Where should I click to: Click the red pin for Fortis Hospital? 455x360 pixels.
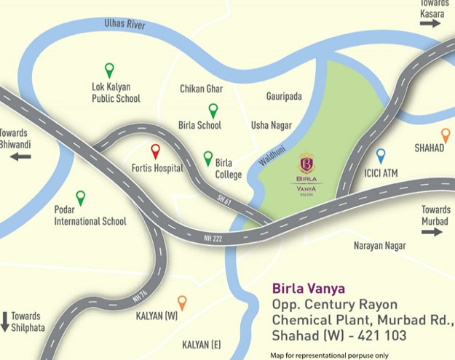[155, 151]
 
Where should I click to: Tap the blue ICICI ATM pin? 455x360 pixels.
[380, 156]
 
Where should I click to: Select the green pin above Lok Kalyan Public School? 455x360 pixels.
[109, 70]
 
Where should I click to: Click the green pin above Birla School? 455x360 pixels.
[213, 111]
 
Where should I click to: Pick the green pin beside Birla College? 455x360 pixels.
[208, 158]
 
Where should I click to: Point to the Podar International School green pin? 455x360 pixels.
[80, 197]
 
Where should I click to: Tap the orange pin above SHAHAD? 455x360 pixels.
[446, 135]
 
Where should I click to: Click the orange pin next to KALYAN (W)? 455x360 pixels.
[182, 303]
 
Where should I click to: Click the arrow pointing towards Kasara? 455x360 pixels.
[430, 23]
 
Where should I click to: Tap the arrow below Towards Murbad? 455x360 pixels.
[431, 232]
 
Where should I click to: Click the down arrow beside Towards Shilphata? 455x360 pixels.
[5, 321]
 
